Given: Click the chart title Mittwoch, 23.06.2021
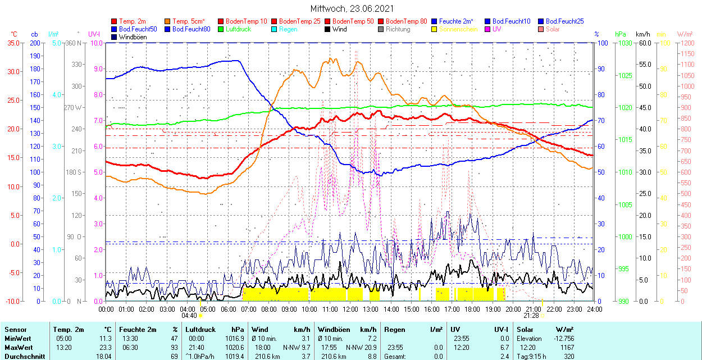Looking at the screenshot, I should (x=352, y=8).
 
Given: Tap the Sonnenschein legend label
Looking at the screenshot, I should (x=458, y=29).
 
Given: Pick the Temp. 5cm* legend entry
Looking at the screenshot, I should (x=188, y=21).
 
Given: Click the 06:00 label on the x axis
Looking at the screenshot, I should (x=228, y=309).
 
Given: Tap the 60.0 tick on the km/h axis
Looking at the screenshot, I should (x=644, y=43).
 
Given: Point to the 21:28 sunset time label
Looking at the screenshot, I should (x=532, y=315).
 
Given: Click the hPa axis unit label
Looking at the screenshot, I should (x=621, y=34).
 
